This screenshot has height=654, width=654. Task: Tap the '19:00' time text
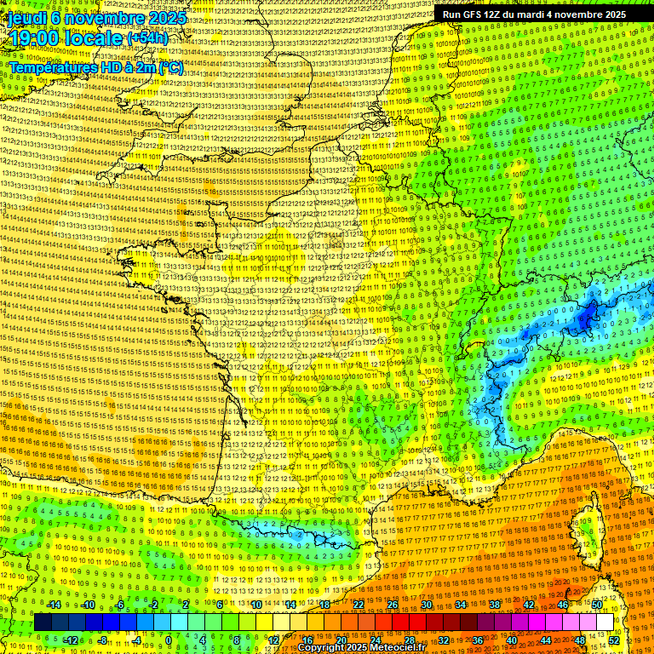[35, 38]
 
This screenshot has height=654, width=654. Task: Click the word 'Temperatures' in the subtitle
[50, 66]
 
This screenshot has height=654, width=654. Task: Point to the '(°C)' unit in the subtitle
[169, 66]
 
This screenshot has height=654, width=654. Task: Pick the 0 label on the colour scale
[169, 640]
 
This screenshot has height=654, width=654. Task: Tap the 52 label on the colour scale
[614, 640]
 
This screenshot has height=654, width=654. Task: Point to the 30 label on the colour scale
[426, 605]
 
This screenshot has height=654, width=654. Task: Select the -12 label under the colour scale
[72, 640]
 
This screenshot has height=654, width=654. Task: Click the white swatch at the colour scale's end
[604, 622]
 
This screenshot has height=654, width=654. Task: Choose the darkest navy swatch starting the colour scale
[43, 622]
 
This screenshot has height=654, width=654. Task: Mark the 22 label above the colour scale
[359, 605]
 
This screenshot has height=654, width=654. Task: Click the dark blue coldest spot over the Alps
[586, 318]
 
